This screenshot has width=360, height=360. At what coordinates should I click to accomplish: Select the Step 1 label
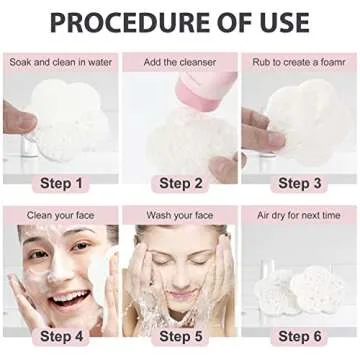coord(61,183)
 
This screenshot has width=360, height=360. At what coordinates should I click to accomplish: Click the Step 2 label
coord(181,183)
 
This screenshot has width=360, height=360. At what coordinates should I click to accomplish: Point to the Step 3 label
coord(300,183)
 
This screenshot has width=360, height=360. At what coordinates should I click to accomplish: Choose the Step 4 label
coord(61,336)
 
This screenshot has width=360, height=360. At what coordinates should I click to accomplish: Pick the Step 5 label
coord(181,336)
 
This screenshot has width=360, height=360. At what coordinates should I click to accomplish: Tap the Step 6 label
coord(300,336)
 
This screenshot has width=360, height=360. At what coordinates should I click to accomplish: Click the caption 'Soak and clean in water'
coord(61,62)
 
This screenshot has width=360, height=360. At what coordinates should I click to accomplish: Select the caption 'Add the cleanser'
coord(180,62)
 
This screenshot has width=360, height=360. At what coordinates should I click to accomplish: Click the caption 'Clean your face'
coord(60,215)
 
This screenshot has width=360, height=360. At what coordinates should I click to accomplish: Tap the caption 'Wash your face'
coord(180,215)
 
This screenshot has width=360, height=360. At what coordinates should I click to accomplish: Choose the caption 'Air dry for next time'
coord(299,215)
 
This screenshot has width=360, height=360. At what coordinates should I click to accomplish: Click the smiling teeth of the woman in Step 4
coord(69,296)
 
